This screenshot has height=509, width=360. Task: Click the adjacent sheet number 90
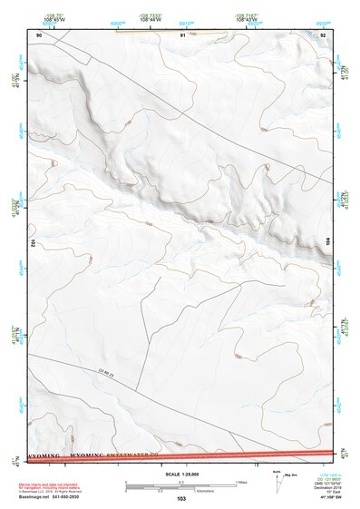point(39,34)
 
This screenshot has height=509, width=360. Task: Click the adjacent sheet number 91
point(183,34)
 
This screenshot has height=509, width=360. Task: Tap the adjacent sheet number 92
point(324,34)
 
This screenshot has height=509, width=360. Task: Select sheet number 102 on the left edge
point(32,243)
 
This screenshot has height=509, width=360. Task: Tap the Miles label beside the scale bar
point(241,482)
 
